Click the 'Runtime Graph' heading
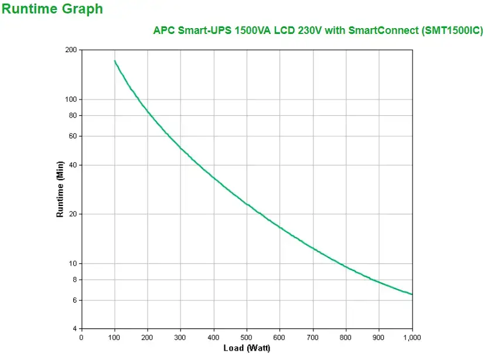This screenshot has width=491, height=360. (52, 9)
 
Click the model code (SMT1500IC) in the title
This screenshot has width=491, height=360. (452, 30)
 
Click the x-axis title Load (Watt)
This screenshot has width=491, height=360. (246, 348)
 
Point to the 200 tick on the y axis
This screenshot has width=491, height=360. (71, 50)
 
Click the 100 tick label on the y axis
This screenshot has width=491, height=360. (71, 100)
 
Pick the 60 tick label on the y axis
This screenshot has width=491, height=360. (73, 136)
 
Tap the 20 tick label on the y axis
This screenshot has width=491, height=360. (73, 214)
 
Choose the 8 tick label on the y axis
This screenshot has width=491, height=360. (74, 279)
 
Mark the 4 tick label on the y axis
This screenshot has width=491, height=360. (74, 328)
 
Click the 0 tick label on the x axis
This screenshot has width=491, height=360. (81, 337)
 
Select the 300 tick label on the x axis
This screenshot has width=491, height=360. (180, 337)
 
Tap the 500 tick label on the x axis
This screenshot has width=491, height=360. (247, 337)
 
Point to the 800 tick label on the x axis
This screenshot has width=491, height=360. (346, 337)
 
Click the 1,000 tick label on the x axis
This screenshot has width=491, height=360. (412, 337)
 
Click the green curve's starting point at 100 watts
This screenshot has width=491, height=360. (114, 60)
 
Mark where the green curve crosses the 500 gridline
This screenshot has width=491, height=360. (247, 204)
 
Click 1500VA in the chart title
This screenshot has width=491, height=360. (253, 30)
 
